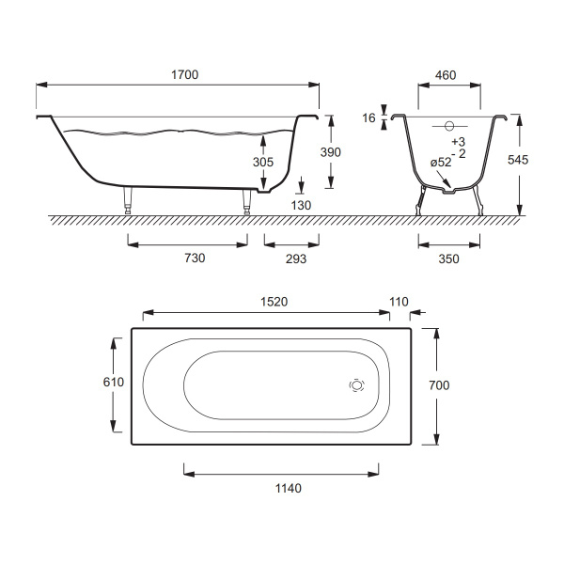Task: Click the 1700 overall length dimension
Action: (x=184, y=75)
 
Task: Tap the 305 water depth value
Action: (x=263, y=162)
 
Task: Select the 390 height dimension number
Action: (x=331, y=152)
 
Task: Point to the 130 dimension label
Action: (x=301, y=205)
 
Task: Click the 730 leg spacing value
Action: (x=195, y=258)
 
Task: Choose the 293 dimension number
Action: (x=296, y=258)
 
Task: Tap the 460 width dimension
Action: (x=446, y=75)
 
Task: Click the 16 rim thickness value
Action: (x=368, y=118)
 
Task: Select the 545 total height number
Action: (x=518, y=160)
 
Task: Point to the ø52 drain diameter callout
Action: (x=441, y=163)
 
